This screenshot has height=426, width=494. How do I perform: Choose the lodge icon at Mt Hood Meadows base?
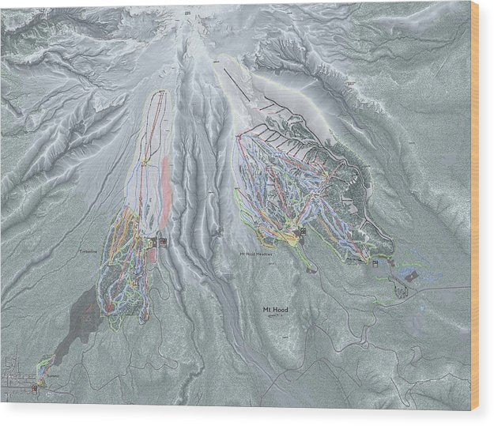(x=301, y=231)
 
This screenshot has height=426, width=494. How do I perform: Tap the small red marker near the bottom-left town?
(x=36, y=390)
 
